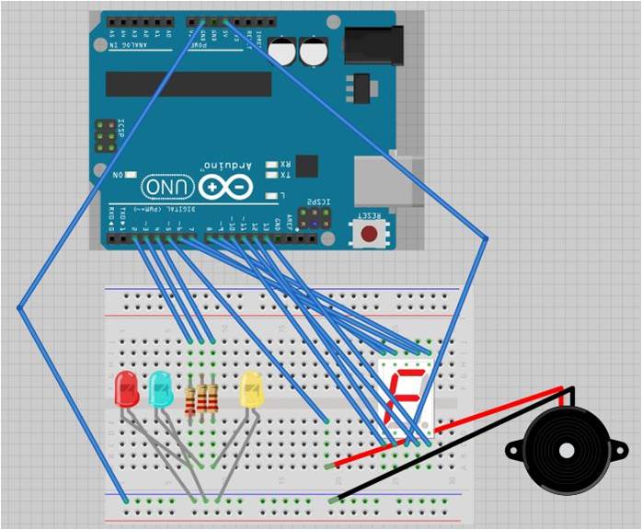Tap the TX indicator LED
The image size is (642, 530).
(271, 175)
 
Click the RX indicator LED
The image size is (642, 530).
(271, 165)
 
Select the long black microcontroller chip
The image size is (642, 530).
(189, 84)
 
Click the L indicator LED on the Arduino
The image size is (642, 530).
(271, 195)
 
